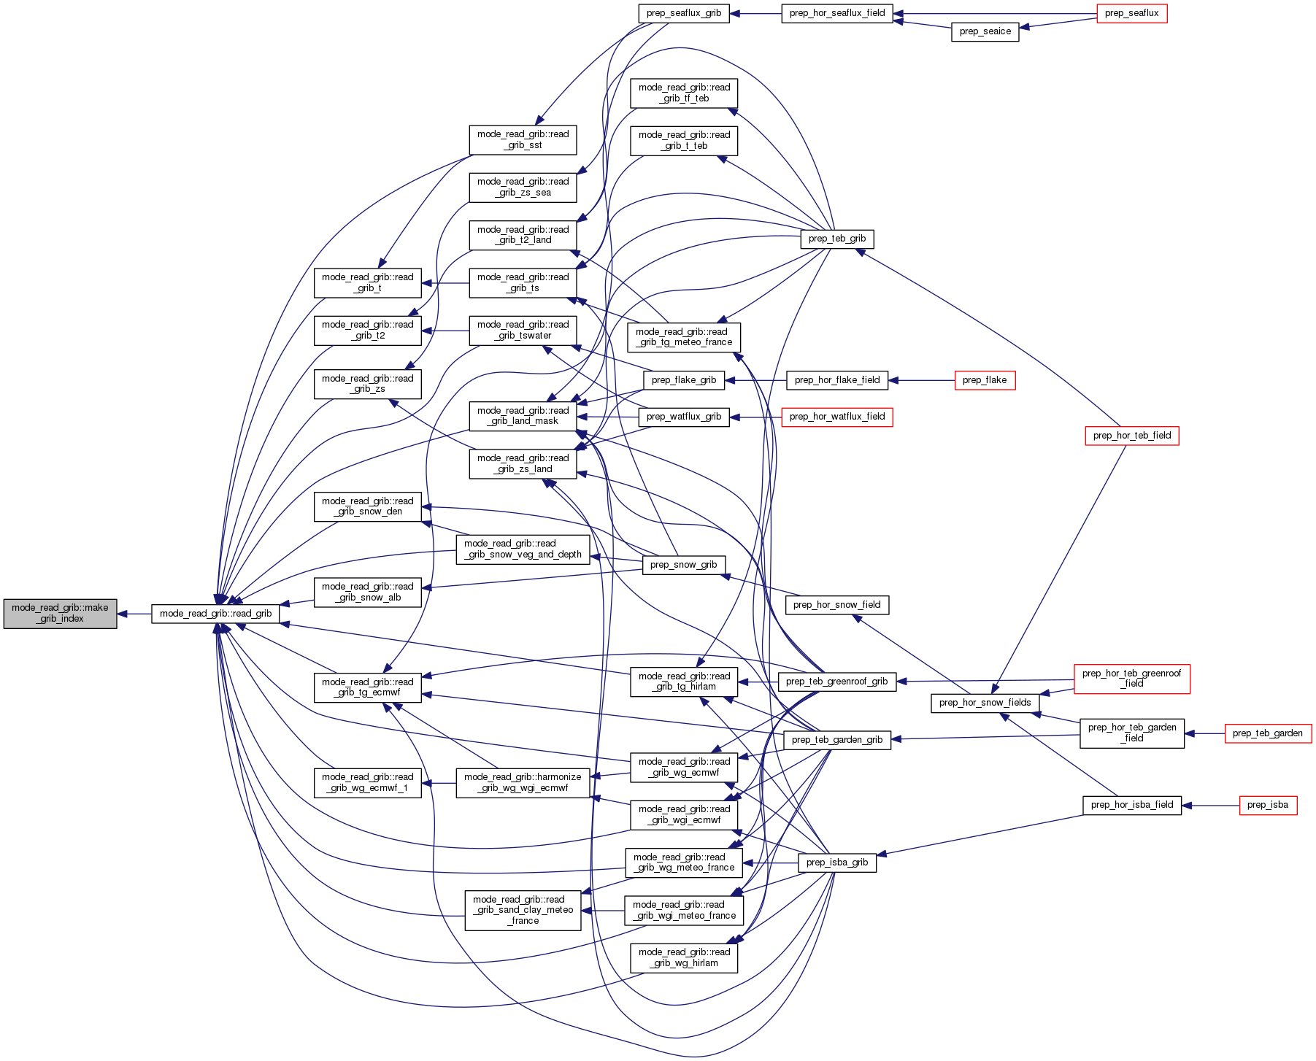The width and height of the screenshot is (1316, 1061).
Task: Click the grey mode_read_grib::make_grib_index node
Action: point(60,614)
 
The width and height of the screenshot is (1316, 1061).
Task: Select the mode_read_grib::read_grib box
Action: point(215,614)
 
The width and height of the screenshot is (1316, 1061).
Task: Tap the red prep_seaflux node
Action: point(1131,13)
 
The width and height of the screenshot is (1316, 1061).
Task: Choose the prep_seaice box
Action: point(985,31)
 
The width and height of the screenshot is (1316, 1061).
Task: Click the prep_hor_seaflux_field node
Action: point(837,13)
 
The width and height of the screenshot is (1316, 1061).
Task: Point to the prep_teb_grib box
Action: point(836,239)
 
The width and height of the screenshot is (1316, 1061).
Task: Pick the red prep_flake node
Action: point(984,380)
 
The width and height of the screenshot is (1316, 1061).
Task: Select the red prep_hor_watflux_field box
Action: point(836,417)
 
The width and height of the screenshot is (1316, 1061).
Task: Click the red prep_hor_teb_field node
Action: point(1131,436)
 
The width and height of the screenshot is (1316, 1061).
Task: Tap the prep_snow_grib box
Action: point(683,565)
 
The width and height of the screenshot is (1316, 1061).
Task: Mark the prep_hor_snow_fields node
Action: point(985,703)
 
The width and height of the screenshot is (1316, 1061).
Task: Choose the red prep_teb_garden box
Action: point(1267,733)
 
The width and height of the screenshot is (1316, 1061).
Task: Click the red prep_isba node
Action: point(1267,805)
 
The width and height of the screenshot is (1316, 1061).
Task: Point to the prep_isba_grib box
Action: point(836,863)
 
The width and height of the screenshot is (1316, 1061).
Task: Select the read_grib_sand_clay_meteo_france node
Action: point(523,910)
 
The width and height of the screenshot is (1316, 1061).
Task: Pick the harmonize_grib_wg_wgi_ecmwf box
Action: point(523,782)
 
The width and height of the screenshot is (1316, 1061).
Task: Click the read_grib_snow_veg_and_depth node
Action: point(523,549)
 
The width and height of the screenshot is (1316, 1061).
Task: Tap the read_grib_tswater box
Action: point(523,330)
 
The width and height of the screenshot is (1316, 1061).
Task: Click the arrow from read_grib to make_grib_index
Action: point(134,614)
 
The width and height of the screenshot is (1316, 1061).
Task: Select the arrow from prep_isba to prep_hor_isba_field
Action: point(1210,805)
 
